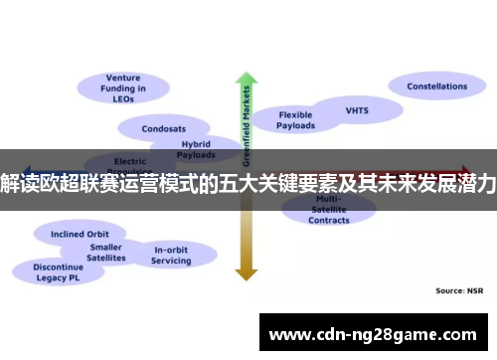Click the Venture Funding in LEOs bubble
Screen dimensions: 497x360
coord(124,88)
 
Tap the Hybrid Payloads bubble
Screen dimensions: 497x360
coord(195,149)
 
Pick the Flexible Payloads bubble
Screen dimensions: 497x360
coord(295,120)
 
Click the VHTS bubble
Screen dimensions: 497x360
coord(356,109)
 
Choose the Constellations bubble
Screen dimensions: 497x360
coord(436,87)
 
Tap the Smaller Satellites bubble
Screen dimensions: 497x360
coord(106,252)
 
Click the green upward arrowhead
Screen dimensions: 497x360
coord(245,81)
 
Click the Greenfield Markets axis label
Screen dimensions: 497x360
coord(246,124)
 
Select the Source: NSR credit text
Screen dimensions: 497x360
coord(458,290)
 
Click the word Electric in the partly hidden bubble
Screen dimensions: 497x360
coord(129,161)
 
